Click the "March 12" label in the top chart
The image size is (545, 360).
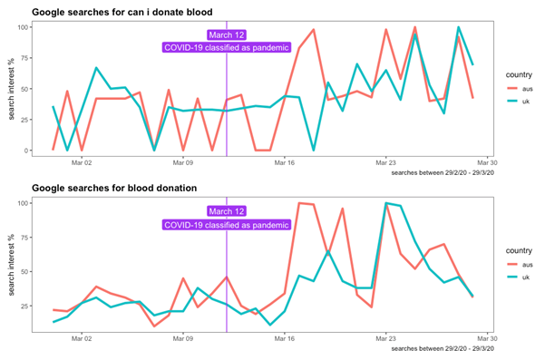point(226,35)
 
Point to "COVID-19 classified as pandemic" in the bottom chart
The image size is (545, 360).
point(226,225)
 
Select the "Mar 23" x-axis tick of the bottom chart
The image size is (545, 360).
point(386,339)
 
